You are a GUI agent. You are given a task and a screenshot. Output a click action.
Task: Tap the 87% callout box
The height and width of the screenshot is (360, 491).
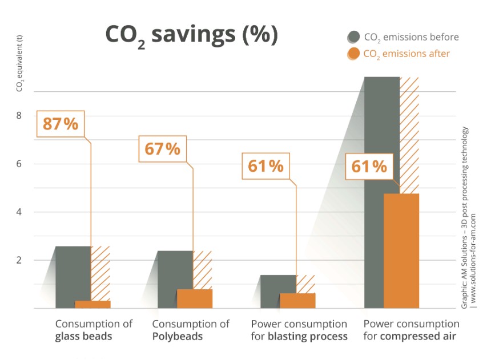tap(60, 124)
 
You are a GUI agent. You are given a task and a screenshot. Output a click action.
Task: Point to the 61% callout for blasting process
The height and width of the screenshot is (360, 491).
tap(265, 167)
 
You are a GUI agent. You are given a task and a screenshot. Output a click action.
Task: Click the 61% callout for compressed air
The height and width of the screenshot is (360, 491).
tap(369, 167)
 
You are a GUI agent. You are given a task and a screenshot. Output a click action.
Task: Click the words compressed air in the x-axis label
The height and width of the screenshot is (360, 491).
tap(417, 336)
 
